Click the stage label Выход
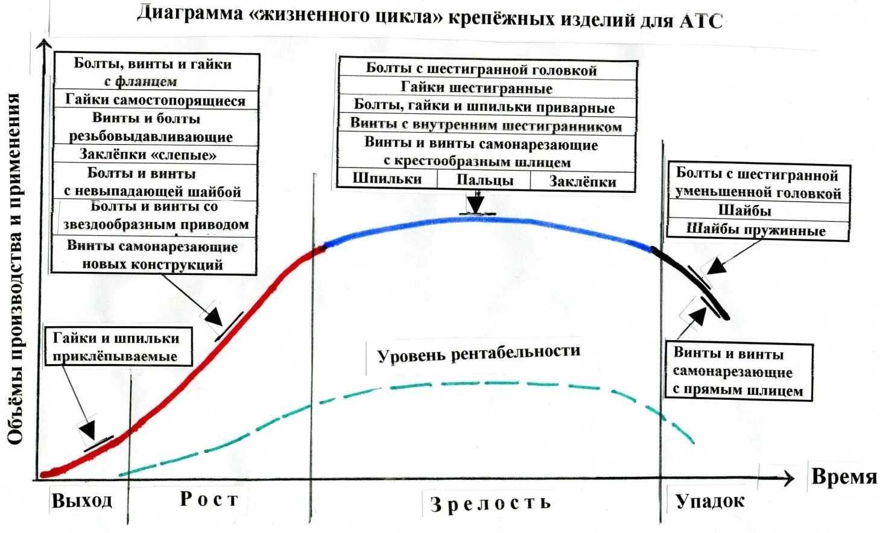click(x=82, y=500)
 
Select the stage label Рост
click(x=209, y=499)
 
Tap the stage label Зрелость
click(x=490, y=503)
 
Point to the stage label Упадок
click(x=710, y=501)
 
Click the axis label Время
click(x=843, y=476)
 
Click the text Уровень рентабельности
click(x=478, y=353)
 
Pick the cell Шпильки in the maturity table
click(x=387, y=179)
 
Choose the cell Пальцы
click(x=484, y=180)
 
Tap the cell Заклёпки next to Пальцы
click(x=582, y=181)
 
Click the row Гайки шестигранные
click(x=476, y=88)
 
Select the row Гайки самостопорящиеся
click(x=155, y=99)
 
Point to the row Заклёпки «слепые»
click(x=148, y=154)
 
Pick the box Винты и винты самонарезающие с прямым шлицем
click(x=738, y=371)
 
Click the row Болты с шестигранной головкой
click(x=481, y=69)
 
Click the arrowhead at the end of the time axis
click(x=788, y=478)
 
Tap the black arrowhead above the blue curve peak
click(x=476, y=204)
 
